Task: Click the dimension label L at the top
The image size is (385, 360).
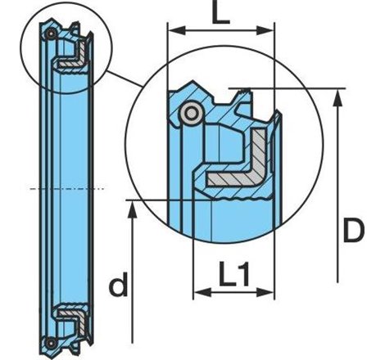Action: tap(221, 13)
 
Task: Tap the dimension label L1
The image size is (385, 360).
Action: tap(234, 274)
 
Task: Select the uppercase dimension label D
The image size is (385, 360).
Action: tap(354, 230)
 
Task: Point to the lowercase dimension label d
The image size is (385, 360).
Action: tap(119, 284)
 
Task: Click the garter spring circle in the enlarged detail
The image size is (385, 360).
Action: tap(192, 113)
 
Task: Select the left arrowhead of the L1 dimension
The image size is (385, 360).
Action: tap(202, 293)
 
